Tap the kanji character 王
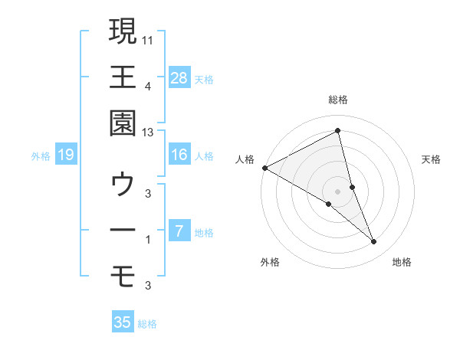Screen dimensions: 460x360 coord(123,77)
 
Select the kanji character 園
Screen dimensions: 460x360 coord(123,125)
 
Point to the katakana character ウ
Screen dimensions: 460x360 coord(123,185)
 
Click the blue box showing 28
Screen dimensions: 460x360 coord(179,77)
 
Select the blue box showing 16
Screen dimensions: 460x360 coord(179,155)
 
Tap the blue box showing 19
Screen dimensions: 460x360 coord(66,155)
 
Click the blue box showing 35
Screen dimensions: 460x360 coord(123,322)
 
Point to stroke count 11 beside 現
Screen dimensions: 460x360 coord(148,38)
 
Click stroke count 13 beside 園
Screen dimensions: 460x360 coord(148,133)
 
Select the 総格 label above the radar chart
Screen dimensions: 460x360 coord(338,100)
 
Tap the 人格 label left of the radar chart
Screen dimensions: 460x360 coord(245,159)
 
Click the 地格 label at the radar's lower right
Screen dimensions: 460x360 coord(402,263)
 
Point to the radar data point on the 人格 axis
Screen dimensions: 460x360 coord(264,168)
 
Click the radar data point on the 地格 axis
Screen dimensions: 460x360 coord(374,242)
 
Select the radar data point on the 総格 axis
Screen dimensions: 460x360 coord(338,131)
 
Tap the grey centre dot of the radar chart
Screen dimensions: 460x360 coord(338,191)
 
